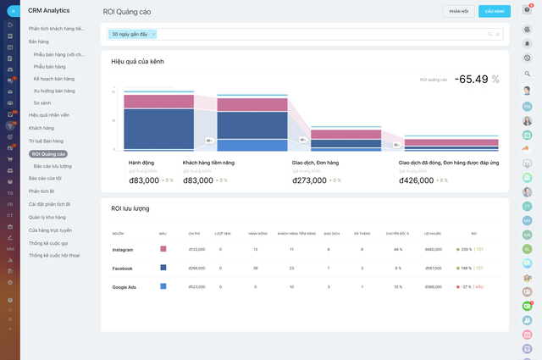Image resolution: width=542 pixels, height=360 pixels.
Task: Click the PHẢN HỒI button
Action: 458,11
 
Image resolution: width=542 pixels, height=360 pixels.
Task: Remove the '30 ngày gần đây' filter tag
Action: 153,34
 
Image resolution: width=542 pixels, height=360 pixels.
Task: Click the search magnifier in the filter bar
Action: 489,34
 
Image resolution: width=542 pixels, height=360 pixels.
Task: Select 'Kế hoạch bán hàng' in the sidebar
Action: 54,77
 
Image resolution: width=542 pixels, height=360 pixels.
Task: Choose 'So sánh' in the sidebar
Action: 42,102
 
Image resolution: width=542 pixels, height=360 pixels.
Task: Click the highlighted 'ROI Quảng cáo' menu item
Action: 48,154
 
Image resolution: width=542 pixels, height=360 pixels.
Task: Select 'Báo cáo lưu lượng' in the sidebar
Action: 53,166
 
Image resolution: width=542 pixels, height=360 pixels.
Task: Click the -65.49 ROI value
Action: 471,79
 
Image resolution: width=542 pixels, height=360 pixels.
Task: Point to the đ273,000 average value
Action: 309,180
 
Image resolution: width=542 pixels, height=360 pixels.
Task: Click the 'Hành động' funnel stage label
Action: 141,162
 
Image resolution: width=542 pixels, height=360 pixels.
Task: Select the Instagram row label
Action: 124,249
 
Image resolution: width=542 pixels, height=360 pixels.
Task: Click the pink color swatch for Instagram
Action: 163,249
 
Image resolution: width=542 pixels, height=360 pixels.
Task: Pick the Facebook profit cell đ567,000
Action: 434,268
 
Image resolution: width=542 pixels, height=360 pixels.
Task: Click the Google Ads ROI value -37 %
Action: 464,286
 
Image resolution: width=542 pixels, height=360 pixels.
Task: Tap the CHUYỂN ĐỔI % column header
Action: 398,233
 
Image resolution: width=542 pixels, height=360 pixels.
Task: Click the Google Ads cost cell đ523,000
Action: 196,286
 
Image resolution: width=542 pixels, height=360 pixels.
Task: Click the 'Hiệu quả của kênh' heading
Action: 137,62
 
